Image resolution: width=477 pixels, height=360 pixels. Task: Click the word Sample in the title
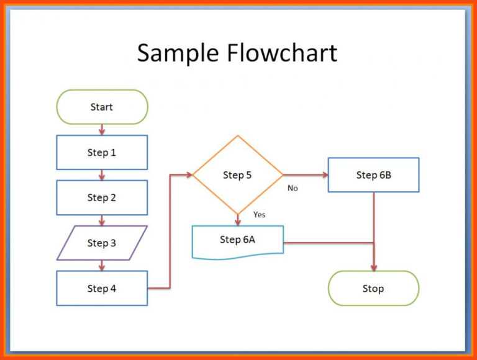[178, 53]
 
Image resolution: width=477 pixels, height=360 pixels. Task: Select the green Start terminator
[102, 107]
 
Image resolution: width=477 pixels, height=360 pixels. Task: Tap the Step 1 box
[102, 152]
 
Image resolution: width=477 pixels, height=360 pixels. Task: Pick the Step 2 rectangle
[102, 197]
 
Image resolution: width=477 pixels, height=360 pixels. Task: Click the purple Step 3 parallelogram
[102, 243]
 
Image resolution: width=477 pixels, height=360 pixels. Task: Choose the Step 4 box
[102, 288]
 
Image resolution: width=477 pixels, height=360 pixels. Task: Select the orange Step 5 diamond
[237, 175]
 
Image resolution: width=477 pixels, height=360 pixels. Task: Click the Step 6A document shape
[237, 240]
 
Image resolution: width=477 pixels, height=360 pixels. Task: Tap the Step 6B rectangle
[373, 175]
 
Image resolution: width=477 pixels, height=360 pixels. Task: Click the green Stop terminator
[373, 288]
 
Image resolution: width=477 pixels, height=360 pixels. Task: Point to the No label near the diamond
[293, 188]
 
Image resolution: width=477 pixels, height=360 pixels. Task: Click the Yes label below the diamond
[259, 215]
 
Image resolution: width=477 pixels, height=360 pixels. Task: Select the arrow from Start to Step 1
[102, 130]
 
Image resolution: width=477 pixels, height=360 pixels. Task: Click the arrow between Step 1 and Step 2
[102, 175]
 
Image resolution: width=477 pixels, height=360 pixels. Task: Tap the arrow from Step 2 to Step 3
[102, 220]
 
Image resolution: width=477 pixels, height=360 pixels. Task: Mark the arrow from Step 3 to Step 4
[102, 266]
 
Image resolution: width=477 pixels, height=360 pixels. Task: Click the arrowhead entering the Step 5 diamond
[188, 175]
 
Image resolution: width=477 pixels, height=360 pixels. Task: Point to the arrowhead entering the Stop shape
[373, 267]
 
